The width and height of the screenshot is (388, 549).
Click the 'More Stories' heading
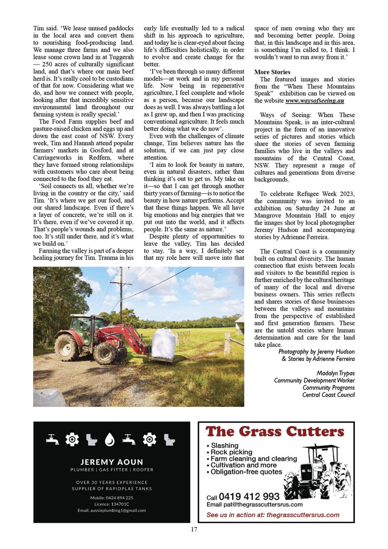(x=272, y=72)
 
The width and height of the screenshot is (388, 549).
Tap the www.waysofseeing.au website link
(x=315, y=101)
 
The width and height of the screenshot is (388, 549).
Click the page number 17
(x=194, y=529)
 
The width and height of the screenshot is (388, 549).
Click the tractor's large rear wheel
(x=67, y=347)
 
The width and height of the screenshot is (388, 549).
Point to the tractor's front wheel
(x=105, y=353)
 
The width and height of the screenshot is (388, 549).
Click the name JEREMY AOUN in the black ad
(x=112, y=462)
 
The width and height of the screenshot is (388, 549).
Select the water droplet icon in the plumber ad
(x=110, y=440)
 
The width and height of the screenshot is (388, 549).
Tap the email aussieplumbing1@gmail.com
(x=112, y=510)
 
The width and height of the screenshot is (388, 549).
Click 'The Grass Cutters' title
(x=275, y=432)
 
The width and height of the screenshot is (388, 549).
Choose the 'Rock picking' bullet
(x=231, y=452)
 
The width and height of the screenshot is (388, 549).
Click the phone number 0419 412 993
(x=249, y=496)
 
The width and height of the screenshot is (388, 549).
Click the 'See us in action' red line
(x=273, y=515)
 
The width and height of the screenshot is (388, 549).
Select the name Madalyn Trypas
(x=335, y=373)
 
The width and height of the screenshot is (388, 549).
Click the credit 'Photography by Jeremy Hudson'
(x=317, y=352)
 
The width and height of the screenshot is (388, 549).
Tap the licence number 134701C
(x=112, y=504)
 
